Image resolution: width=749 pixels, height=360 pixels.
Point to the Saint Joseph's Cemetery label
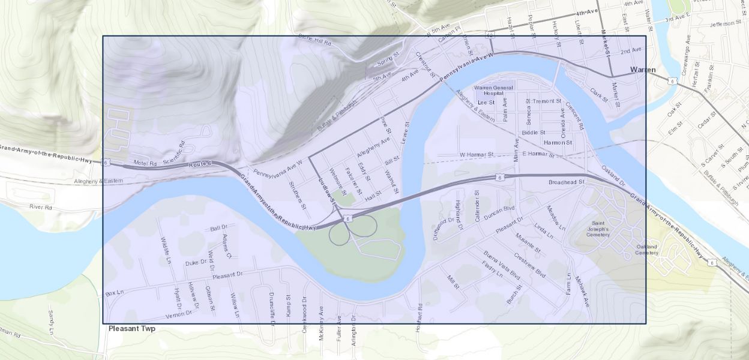pyautogui.click(x=598, y=229)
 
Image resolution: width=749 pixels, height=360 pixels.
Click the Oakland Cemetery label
pyautogui.click(x=647, y=250)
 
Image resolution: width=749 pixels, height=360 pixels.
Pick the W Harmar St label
pyautogui.click(x=476, y=155)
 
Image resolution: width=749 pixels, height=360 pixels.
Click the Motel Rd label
pyautogui.click(x=145, y=163)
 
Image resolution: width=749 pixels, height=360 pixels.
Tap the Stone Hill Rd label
pyautogui.click(x=315, y=40)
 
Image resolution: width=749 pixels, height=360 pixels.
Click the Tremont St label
pyautogui.click(x=546, y=101)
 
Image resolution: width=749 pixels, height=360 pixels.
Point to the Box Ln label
pyautogui.click(x=114, y=293)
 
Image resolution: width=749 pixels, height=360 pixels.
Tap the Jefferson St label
pyautogui.click(x=725, y=23)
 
